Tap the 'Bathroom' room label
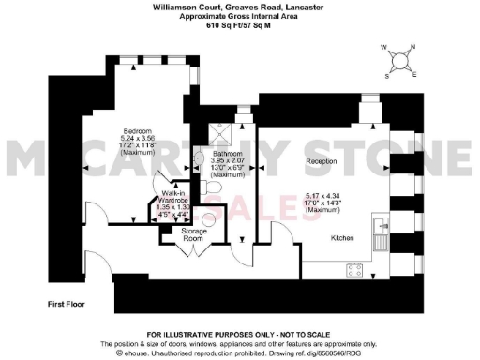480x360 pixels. [228, 153]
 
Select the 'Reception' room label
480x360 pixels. [322, 162]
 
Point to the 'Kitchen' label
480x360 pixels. [341, 238]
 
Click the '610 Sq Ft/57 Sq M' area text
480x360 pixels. [239, 27]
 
